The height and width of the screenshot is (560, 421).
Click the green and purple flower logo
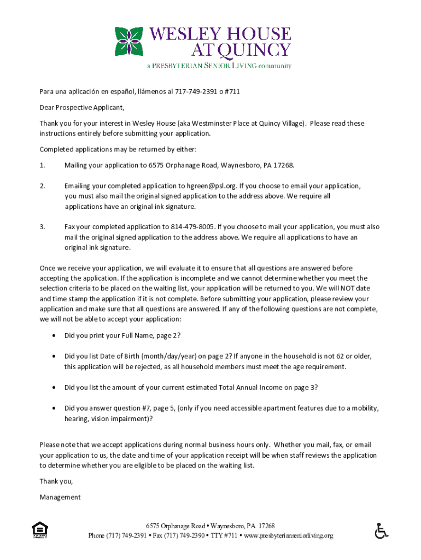coord(129,42)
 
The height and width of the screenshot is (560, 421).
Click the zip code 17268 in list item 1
coord(284,165)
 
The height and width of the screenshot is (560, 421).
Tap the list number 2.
coord(42,186)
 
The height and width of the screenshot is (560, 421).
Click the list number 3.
coord(42,227)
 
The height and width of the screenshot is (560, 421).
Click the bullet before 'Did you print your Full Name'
coord(53,335)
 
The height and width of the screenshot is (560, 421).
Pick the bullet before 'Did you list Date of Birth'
coord(53,357)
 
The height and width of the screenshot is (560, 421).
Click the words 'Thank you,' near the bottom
coord(56,482)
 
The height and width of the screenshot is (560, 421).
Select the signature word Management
coord(60,498)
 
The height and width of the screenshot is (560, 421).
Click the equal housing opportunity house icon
coord(40,530)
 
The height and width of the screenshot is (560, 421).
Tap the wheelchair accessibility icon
coord(381,531)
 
